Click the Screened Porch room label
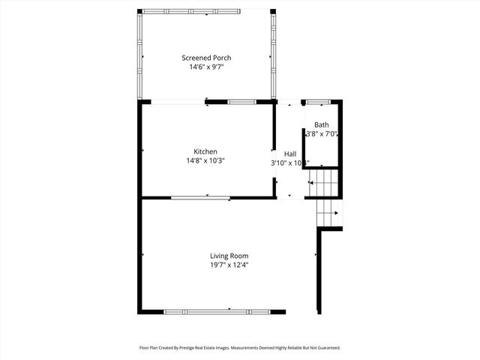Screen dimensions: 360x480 click(206, 58)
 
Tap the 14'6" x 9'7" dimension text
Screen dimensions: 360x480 click(206, 67)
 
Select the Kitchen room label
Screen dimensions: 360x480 click(205, 151)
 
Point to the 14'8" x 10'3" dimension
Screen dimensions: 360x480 click(205, 160)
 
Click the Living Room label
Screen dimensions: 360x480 click(229, 256)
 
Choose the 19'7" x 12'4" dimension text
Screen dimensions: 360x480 click(229, 265)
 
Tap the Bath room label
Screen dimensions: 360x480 click(321, 125)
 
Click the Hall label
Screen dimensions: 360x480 click(289, 154)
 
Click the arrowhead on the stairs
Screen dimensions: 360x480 click(336, 213)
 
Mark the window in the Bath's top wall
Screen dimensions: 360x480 click(317, 101)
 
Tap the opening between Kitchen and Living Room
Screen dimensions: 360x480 click(200, 198)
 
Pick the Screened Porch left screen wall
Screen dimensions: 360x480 click(139, 54)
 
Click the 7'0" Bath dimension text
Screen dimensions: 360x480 click(331, 134)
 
